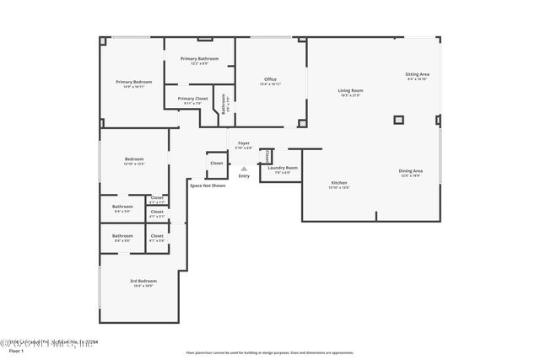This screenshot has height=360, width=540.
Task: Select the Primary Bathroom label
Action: (x=199, y=58)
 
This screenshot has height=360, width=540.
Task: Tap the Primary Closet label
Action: (x=192, y=98)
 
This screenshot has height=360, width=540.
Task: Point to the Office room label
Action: (x=270, y=79)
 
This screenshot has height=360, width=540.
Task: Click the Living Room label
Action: (x=350, y=90)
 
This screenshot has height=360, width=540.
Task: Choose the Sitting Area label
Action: (x=418, y=74)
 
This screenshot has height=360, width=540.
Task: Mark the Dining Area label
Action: (x=411, y=171)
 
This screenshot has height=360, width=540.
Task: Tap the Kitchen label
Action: (x=338, y=182)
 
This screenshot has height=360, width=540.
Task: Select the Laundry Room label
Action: (x=283, y=168)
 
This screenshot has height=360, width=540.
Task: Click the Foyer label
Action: (x=243, y=143)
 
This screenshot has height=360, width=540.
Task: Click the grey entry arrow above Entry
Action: (x=244, y=168)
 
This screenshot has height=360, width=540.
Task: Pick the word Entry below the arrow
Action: (x=244, y=175)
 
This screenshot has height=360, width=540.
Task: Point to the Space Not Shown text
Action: (x=208, y=185)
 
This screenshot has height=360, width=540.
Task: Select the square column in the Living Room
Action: (x=398, y=120)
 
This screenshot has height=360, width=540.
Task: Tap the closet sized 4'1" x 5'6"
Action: (x=157, y=237)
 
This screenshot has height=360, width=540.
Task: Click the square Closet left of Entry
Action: (x=217, y=164)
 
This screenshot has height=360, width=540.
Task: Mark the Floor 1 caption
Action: (x=16, y=351)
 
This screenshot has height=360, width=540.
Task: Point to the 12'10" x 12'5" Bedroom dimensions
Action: (x=134, y=164)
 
